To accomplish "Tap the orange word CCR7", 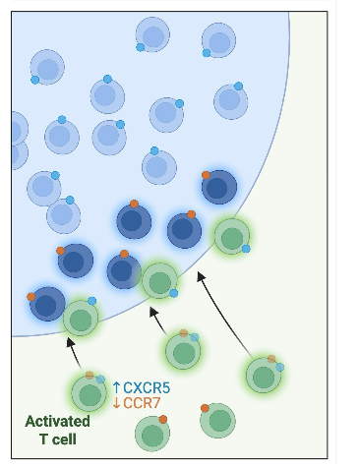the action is [x=145, y=403].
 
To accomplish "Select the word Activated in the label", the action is [x=57, y=422].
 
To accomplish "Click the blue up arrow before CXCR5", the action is [x=115, y=387].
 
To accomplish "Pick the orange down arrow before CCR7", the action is [x=115, y=403].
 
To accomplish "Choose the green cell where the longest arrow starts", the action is [x=263, y=375].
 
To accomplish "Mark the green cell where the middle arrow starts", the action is [x=182, y=350].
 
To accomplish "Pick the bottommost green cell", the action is [x=150, y=433].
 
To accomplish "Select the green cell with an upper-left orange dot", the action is [x=217, y=420].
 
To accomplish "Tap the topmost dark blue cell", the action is [x=218, y=187].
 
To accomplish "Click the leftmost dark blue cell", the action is [x=46, y=304].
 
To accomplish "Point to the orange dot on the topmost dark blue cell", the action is [x=207, y=175].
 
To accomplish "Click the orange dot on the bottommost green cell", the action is [x=163, y=420].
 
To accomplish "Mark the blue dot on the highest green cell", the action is [x=246, y=249].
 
